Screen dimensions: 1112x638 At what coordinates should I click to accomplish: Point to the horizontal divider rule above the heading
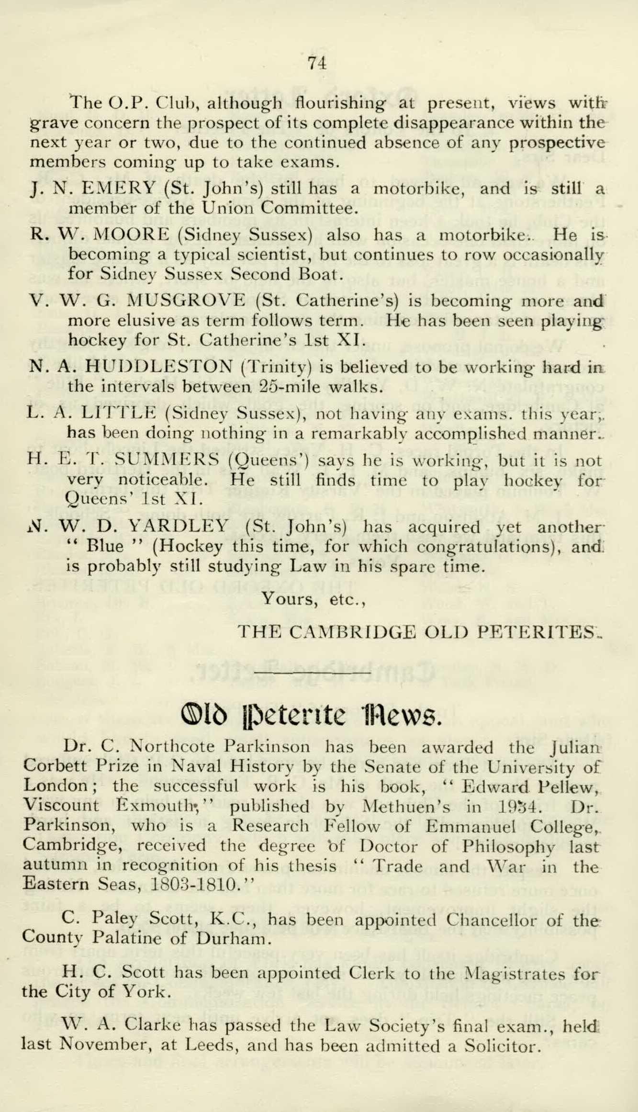point(314,673)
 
